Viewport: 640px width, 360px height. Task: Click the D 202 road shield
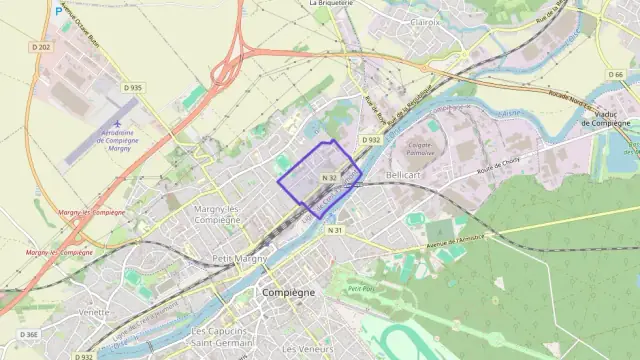(41, 46)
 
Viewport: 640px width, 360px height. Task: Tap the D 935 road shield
(132, 88)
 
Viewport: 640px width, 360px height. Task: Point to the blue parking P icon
(59, 11)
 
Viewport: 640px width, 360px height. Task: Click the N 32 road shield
(328, 177)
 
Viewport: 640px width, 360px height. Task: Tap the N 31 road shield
(335, 229)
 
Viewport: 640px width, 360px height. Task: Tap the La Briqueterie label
(332, 3)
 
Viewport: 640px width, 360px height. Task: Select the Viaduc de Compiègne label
(606, 118)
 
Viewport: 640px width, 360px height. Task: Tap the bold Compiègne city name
(287, 292)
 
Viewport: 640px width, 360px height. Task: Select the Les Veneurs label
(302, 349)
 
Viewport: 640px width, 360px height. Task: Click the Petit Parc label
(359, 289)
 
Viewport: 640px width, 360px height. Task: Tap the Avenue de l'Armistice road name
(455, 241)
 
